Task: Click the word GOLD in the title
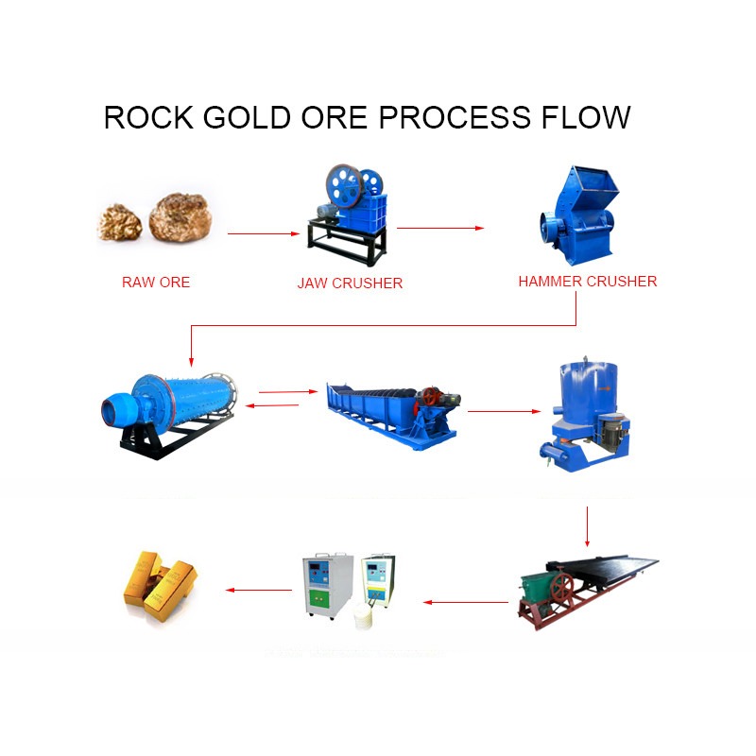(247, 117)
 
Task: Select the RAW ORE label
(156, 282)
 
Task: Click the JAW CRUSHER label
(350, 283)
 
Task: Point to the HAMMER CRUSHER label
(588, 281)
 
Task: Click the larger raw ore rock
(180, 217)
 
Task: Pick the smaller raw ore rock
(120, 222)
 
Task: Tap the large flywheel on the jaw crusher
(344, 185)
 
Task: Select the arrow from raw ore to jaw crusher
(264, 233)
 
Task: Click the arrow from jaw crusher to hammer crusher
(440, 228)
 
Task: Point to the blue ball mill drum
(193, 399)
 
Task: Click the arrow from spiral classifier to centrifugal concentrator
(505, 411)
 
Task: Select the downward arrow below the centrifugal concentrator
(587, 526)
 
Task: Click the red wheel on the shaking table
(561, 588)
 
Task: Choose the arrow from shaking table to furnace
(466, 602)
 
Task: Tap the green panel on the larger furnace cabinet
(318, 599)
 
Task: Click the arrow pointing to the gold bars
(259, 590)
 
